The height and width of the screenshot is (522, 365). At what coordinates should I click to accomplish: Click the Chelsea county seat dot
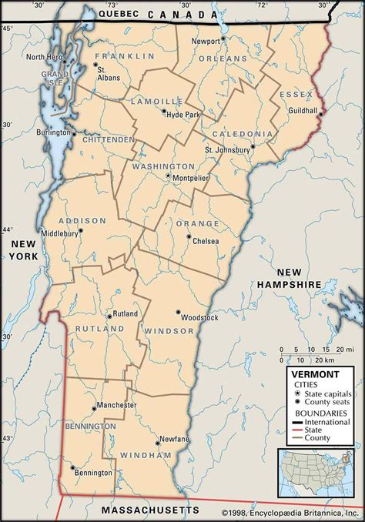pos(189,236)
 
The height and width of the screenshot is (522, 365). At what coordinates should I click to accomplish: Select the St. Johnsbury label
pos(227,149)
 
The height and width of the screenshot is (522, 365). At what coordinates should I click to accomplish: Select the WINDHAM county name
pos(146,456)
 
